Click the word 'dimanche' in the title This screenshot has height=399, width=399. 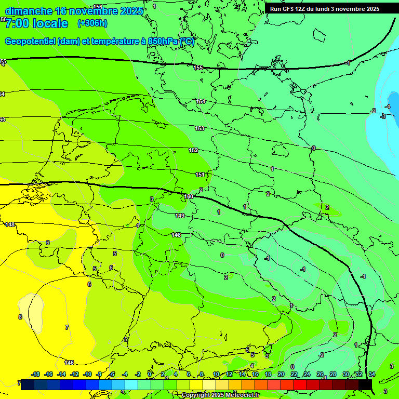[x=29, y=11]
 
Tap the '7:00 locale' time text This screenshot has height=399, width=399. [x=36, y=23]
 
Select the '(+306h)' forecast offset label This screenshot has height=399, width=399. [x=92, y=23]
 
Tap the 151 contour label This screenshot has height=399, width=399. [x=200, y=175]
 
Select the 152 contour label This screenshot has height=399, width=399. [x=193, y=150]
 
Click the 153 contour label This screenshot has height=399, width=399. [x=199, y=128]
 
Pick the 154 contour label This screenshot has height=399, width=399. [x=201, y=101]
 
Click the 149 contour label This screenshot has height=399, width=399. [x=180, y=216]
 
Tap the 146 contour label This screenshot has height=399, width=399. [x=69, y=363]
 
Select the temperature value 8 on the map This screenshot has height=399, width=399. [x=20, y=317]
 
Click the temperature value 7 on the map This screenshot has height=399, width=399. [x=66, y=327]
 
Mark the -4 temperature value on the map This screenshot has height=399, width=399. [x=388, y=107]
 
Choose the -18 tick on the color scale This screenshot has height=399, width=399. [x=36, y=374]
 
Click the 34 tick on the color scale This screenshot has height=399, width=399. [x=372, y=374]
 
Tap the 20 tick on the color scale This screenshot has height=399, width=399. [x=281, y=374]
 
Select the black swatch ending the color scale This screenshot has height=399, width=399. [x=365, y=384]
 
